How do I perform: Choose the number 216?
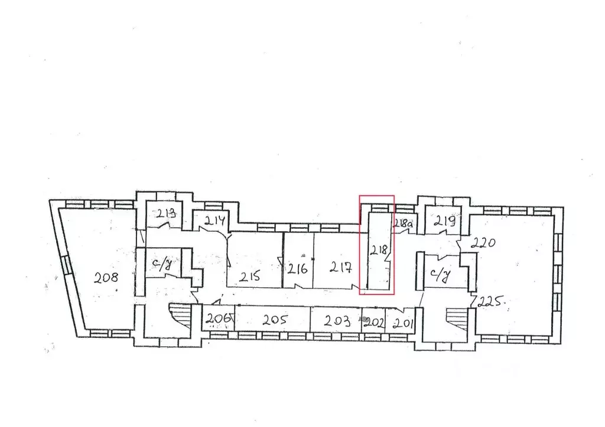pyautogui.click(x=297, y=270)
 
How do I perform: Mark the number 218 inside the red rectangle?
pyautogui.click(x=378, y=249)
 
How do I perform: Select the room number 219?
pyautogui.click(x=444, y=222)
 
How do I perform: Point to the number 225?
pyautogui.click(x=491, y=302)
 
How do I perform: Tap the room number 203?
pyautogui.click(x=337, y=320)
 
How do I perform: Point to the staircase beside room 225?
pyautogui.click(x=456, y=318)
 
